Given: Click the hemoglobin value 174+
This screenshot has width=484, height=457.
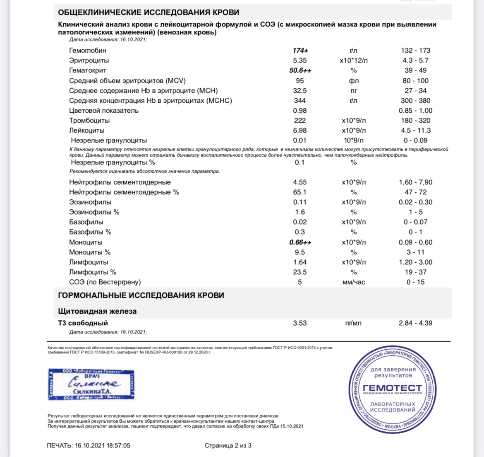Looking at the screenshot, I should tap(300, 51).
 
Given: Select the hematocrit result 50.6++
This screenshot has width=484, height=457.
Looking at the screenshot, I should tap(300, 70).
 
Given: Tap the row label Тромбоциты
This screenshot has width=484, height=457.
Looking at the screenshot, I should tap(89, 121).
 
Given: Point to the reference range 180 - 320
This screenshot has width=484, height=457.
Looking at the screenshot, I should tap(415, 121).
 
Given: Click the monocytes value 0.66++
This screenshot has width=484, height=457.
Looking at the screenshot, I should tap(300, 242).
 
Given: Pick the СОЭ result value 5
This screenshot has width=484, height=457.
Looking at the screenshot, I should tap(300, 282).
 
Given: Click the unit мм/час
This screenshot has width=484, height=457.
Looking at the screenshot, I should tap(354, 282).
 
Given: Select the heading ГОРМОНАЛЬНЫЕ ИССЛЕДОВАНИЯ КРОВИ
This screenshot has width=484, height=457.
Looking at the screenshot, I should tap(141, 295).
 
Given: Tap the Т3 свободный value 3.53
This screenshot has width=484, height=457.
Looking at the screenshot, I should tap(300, 323).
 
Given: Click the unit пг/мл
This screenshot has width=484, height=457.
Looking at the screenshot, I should tap(353, 323).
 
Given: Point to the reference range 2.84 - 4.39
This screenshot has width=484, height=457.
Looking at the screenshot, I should tap(415, 323).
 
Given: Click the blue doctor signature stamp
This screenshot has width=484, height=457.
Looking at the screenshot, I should tap(91, 384).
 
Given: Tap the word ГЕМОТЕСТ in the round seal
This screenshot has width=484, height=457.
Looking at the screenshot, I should tap(392, 388).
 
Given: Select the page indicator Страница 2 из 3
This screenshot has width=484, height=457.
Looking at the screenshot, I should tap(228, 445).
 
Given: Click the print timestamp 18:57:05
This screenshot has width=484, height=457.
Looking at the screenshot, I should tap(118, 445).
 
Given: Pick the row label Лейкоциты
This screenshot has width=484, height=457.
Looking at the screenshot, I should tap(87, 131).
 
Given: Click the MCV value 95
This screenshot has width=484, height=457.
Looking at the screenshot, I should tap(300, 81).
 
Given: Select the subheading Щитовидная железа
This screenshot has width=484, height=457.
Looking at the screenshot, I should tap(97, 311).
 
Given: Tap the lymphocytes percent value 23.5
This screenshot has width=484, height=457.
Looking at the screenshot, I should tap(300, 272).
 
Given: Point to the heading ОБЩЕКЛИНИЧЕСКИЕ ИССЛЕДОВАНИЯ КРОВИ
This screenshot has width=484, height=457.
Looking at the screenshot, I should tap(149, 12).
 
